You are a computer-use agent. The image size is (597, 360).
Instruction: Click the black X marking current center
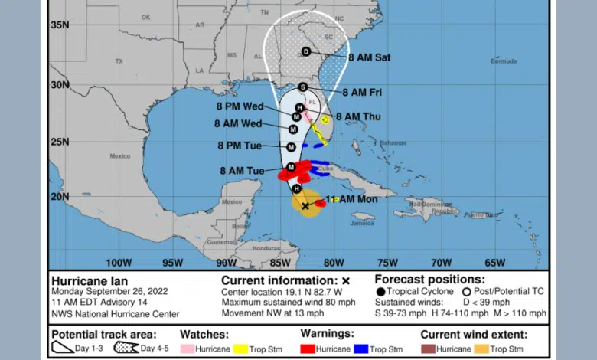click(x=305, y=205)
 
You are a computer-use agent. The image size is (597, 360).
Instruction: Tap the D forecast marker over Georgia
click(x=306, y=52)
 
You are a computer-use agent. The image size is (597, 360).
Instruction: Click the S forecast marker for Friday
click(x=303, y=87)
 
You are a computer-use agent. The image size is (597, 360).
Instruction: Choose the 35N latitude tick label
click(x=60, y=25)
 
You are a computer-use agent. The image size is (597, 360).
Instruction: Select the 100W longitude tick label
click(x=119, y=262)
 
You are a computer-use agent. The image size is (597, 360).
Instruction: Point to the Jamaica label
click(x=363, y=223)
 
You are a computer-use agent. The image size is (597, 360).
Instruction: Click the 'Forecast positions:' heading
click(x=429, y=280)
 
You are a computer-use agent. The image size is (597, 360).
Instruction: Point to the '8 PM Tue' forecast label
click(x=241, y=146)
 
